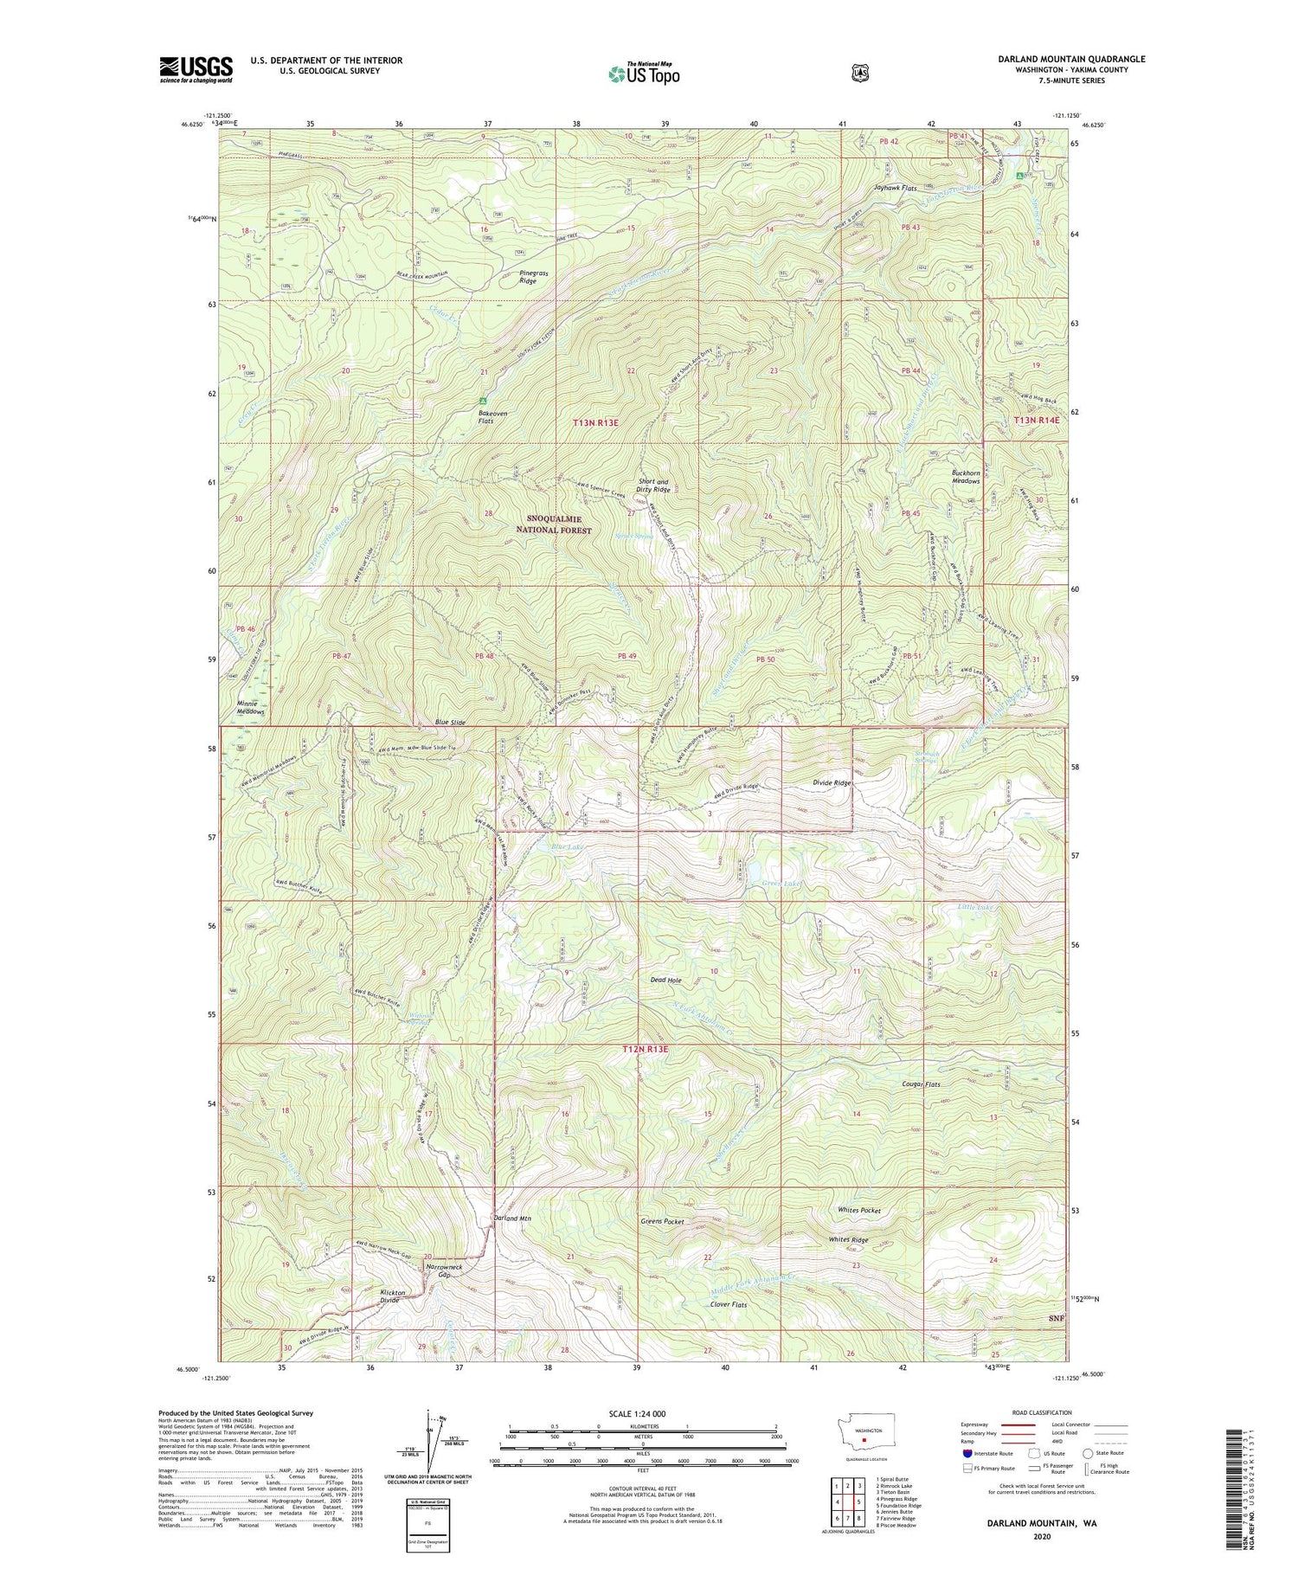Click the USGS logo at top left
[x=196, y=69]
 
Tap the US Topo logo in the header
[x=644, y=74]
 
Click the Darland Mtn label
[x=512, y=1219]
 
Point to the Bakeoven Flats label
[x=485, y=416]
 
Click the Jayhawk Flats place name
[x=895, y=188]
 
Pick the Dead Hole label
[x=665, y=981]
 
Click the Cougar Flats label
[x=921, y=1084]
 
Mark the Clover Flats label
[x=728, y=1304]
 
